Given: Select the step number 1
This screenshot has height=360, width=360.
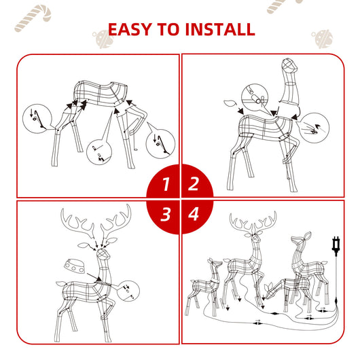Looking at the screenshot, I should pyautogui.click(x=165, y=183).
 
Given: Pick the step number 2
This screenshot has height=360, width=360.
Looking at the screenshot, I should pyautogui.click(x=194, y=183).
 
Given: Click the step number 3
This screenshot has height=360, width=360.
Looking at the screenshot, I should pyautogui.click(x=165, y=215).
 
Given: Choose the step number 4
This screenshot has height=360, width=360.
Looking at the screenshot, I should pyautogui.click(x=194, y=215).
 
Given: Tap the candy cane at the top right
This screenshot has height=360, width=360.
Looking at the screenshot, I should pyautogui.click(x=278, y=6).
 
